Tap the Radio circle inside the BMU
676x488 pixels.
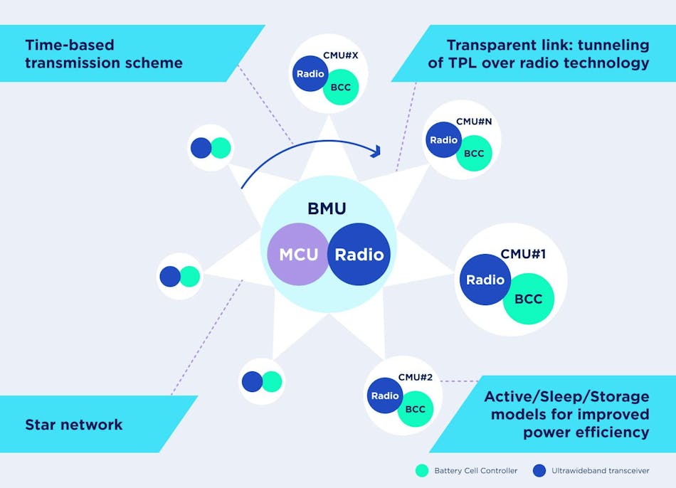tap(359, 254)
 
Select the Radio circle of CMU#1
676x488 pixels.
tap(485, 280)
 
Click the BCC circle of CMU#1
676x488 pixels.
tap(529, 299)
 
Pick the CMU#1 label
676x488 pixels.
tap(523, 253)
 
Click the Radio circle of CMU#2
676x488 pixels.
tap(385, 396)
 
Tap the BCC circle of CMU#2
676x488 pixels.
tap(416, 409)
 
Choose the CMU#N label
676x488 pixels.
tap(474, 122)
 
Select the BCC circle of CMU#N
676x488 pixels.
tap(474, 154)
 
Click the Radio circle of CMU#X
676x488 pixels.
tap(310, 73)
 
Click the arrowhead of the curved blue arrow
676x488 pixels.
tap(376, 151)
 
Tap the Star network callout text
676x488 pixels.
tap(74, 425)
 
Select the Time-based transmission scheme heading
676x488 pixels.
tap(104, 54)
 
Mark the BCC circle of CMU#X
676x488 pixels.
tap(339, 88)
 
